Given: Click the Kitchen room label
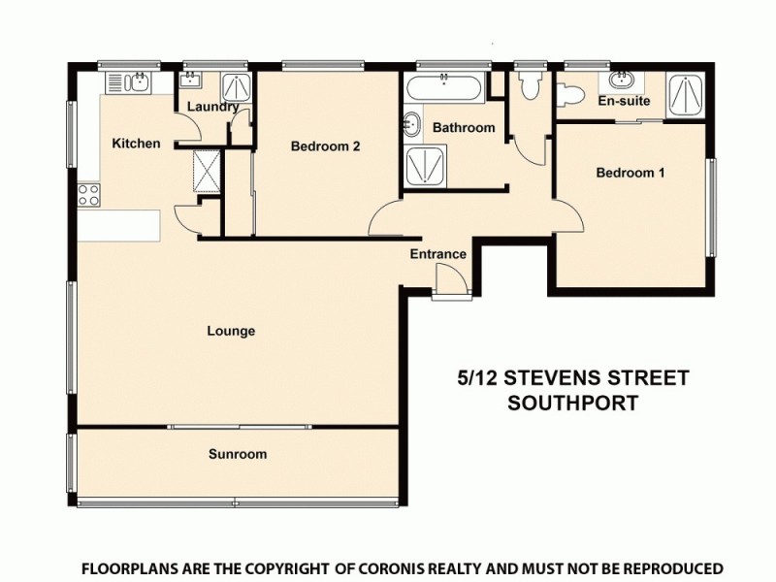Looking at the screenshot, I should (x=136, y=144).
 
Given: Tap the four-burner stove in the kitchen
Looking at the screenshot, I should (x=89, y=194).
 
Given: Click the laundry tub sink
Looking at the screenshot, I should (x=190, y=81).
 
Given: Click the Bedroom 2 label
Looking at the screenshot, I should (x=326, y=146).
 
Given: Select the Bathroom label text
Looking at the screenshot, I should (x=464, y=127).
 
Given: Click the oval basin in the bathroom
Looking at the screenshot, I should (x=411, y=125).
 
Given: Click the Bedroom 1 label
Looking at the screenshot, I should (x=630, y=173).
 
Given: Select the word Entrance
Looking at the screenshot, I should (x=437, y=254).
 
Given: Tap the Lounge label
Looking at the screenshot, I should (x=231, y=331).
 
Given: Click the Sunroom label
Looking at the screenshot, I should (x=238, y=454).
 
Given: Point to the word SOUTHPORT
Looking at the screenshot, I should (x=573, y=403).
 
